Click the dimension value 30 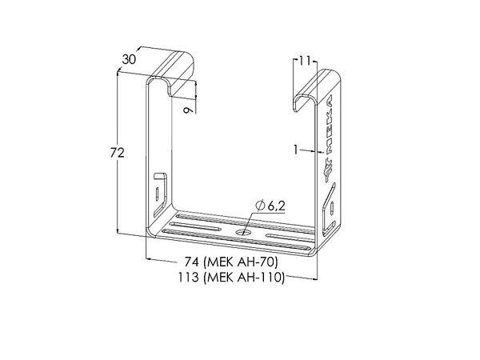click(x=129, y=59)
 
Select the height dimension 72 click(x=118, y=153)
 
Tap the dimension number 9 click(x=188, y=109)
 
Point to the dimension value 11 click(x=305, y=61)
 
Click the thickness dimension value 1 click(x=295, y=150)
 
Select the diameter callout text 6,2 click(x=277, y=206)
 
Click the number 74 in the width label click(x=192, y=262)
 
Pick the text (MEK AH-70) click(x=241, y=262)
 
